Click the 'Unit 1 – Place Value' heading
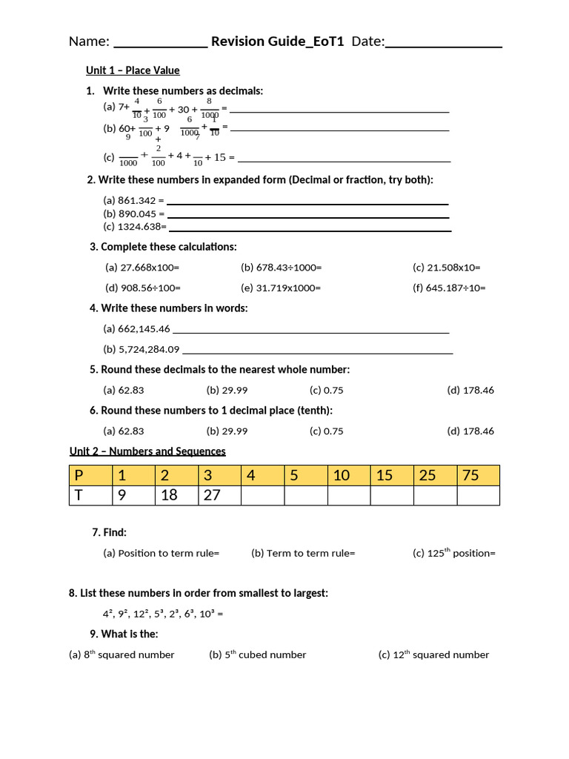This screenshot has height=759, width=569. pos(133,70)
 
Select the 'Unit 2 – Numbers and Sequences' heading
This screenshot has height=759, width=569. pos(147,451)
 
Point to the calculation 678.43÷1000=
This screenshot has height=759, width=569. pos(281,268)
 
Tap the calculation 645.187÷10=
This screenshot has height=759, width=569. pos(449,288)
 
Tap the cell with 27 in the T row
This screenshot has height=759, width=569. pos(219,495)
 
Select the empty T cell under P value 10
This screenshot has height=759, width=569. pos(349,495)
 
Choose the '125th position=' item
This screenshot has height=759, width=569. pos(453,552)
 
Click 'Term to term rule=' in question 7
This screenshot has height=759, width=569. pos(303,553)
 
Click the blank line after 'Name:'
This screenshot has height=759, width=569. pos(160,42)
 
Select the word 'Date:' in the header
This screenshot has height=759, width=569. pos(368,42)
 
